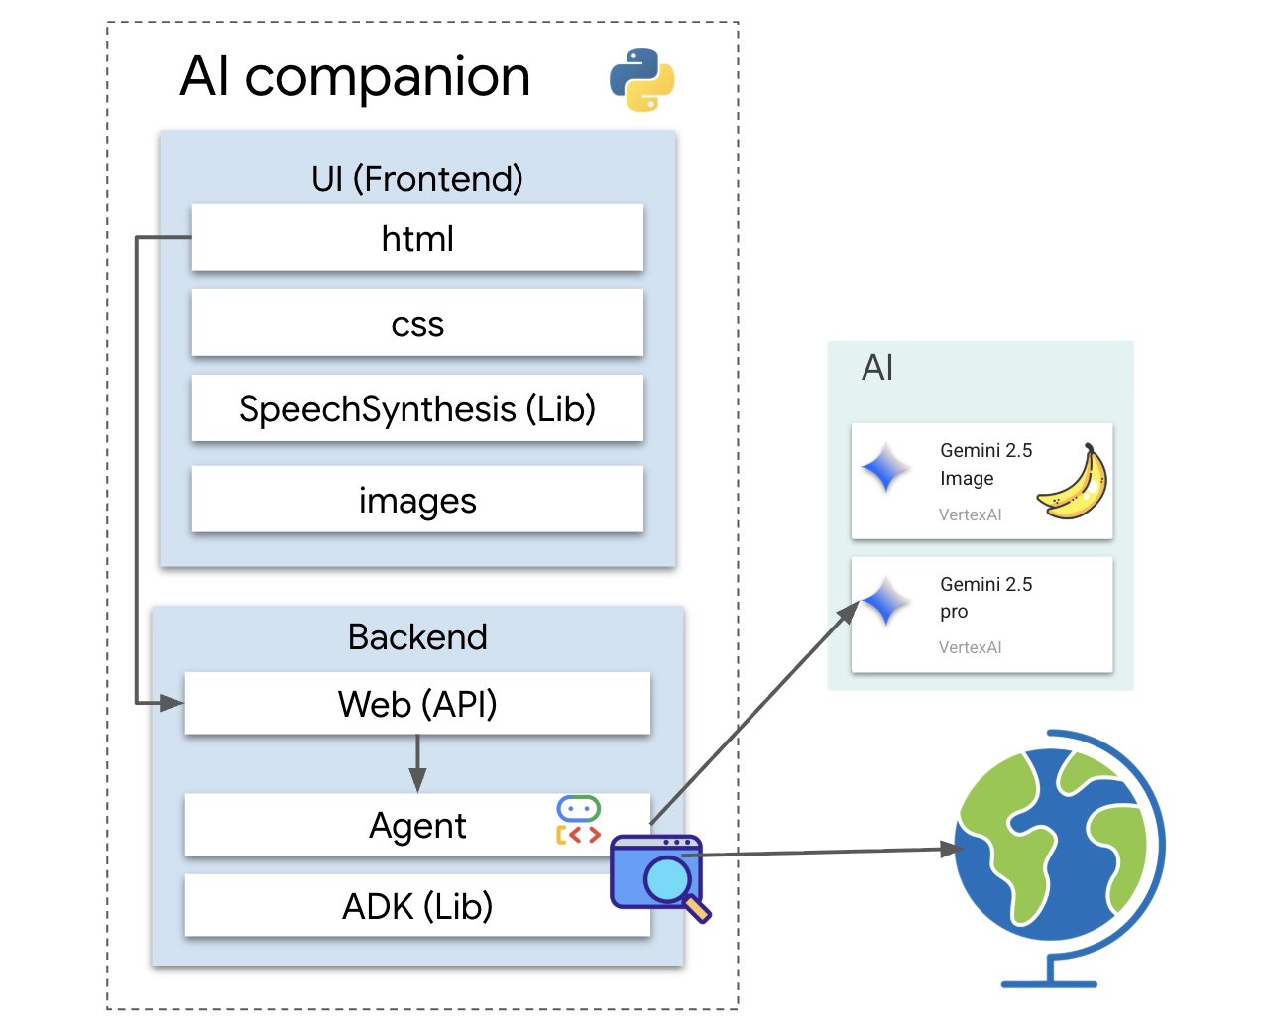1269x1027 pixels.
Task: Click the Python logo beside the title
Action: (x=642, y=79)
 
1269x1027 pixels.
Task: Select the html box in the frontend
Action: (x=417, y=238)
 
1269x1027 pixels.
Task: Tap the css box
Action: (x=417, y=323)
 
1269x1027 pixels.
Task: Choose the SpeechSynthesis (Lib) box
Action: (x=417, y=408)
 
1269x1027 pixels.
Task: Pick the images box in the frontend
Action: (x=417, y=501)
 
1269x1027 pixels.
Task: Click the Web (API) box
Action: (x=417, y=704)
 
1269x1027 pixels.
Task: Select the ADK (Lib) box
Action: (x=417, y=906)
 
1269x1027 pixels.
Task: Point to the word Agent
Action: (x=417, y=825)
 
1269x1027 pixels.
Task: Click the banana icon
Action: (x=1074, y=483)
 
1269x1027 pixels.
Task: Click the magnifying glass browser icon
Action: (x=658, y=875)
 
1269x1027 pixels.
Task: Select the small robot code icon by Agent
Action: (x=579, y=820)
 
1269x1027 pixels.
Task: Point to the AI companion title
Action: (x=355, y=76)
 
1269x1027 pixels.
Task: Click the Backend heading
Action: (x=417, y=636)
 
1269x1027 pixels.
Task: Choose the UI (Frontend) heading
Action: (x=417, y=178)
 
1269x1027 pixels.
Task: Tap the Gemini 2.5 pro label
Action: (x=985, y=597)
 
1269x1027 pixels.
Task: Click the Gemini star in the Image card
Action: (x=885, y=468)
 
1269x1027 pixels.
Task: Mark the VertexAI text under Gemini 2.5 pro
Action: (x=970, y=647)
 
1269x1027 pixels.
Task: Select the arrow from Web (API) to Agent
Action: (x=417, y=763)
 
